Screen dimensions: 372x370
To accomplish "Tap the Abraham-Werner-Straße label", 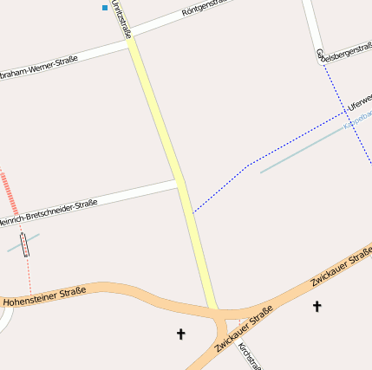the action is tap(38, 66).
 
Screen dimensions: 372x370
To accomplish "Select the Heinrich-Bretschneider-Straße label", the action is tap(47, 213).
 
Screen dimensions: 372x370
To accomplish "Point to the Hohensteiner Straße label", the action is tap(44, 296).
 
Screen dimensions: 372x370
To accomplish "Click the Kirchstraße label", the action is tap(249, 354).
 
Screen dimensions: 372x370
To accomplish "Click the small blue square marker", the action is tap(105, 8).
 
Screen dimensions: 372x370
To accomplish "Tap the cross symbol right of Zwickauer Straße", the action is tap(317, 306).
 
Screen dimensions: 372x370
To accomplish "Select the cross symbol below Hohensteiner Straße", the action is tap(181, 333).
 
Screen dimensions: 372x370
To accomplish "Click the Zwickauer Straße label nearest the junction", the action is tap(244, 330).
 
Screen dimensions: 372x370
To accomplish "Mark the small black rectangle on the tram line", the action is tap(24, 245).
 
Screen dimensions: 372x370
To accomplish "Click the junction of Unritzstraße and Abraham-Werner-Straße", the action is tap(132, 42).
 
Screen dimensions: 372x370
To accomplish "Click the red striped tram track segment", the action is tap(9, 191).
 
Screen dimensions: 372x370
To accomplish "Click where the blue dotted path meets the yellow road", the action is tap(192, 212).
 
